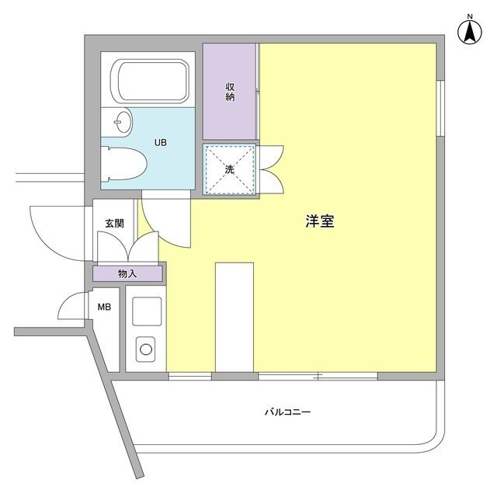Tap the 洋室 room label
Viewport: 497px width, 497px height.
point(319,221)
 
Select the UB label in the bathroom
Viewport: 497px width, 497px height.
point(159,143)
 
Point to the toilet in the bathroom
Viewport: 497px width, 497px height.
point(126,165)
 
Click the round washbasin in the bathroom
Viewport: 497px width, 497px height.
point(120,121)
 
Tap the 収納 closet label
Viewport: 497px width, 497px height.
point(231,91)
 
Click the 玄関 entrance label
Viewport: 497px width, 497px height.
point(114,223)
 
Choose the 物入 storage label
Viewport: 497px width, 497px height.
point(127,273)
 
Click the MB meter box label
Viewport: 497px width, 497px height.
point(104,308)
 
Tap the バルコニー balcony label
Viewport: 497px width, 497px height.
point(287,412)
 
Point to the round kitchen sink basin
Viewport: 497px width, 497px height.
point(146,349)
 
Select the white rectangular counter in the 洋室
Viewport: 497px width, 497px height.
point(234,317)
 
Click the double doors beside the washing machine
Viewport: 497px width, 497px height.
point(273,169)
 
